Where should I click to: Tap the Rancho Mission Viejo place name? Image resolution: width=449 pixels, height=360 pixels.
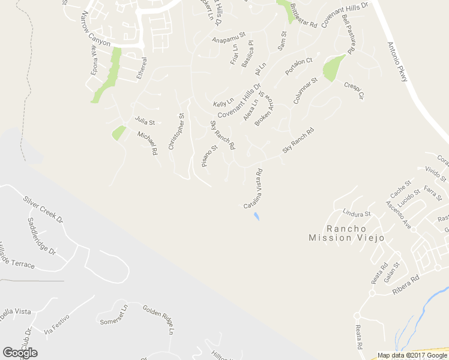tap(346, 233)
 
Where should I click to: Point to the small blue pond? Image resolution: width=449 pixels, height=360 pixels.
tap(257, 216)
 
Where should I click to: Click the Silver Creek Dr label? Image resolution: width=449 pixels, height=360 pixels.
tap(43, 209)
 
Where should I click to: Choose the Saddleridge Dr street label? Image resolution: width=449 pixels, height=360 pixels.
tap(41, 235)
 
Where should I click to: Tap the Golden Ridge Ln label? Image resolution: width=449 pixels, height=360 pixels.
tap(159, 319)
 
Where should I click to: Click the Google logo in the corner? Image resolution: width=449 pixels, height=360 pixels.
tap(20, 352)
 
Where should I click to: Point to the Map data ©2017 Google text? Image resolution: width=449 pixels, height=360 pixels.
tap(412, 355)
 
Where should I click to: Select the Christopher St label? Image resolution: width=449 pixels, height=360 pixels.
tap(176, 131)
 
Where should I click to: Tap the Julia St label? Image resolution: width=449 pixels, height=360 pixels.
tap(145, 121)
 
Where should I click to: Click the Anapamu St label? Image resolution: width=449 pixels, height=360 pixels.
tap(229, 38)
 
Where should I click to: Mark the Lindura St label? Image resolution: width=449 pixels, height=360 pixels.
tap(357, 213)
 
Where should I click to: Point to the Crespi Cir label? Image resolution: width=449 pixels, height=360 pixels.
tap(354, 91)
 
